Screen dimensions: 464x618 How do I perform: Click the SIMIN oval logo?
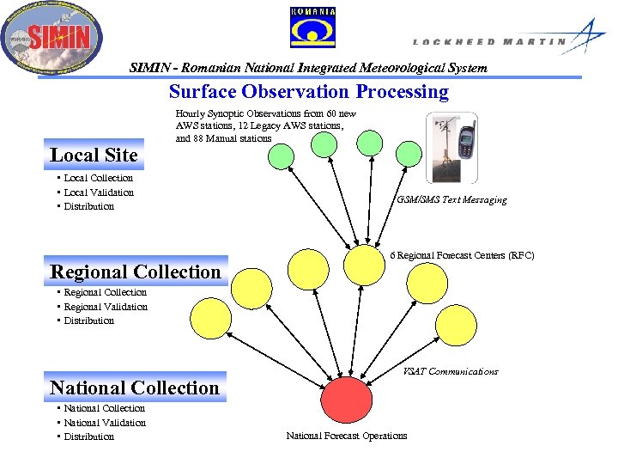point(51,37)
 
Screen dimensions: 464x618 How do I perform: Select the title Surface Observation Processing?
point(308,92)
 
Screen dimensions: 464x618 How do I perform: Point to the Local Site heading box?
point(94,155)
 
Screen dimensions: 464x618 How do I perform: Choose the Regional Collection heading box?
point(136,272)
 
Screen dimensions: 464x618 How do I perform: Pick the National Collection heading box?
point(135,388)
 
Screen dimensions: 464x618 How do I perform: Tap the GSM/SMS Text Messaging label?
point(451,199)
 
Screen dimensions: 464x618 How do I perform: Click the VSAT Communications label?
point(451,371)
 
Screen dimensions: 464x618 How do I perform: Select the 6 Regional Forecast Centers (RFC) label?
point(462,255)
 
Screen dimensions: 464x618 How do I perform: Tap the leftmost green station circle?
point(281,156)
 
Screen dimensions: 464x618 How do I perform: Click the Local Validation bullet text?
point(99,192)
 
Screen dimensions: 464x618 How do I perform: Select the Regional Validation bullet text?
point(106,307)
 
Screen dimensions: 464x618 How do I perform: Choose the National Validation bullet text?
point(105,423)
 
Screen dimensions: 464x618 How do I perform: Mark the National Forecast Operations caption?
point(347,436)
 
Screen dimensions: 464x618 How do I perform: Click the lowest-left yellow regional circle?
point(210,317)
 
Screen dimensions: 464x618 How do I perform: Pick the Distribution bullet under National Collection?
point(88,437)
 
